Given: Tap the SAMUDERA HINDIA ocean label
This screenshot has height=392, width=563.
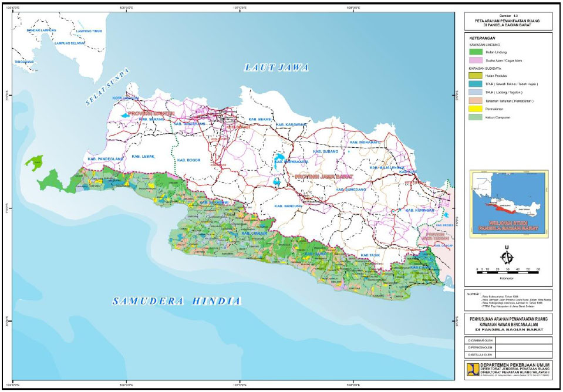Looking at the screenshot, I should pos(177,301).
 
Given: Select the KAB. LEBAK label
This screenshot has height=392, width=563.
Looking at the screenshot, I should pos(143,156).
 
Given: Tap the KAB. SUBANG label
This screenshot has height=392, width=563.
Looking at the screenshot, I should pos(325,151).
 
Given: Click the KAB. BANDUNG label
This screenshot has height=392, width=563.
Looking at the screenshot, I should pos(288,206).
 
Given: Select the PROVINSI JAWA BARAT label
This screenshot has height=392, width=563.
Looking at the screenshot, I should pos(322,176).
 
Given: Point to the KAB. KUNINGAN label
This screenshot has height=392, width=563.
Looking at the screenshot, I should pos(417,209).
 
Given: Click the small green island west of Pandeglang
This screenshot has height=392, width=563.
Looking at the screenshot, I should pos(34,162).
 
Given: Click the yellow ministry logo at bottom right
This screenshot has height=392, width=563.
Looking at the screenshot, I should pos(473,369).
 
